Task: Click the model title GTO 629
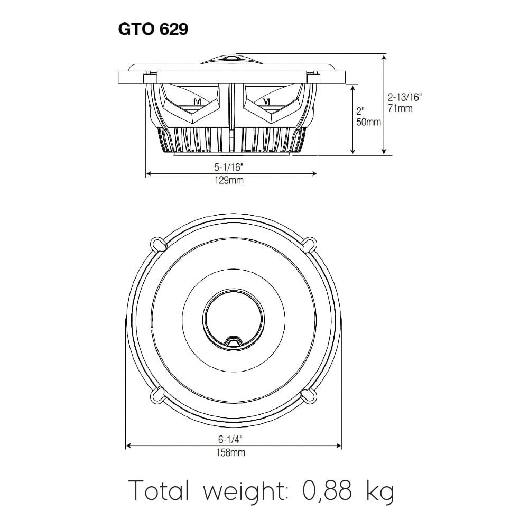pos(153,30)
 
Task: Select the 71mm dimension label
pos(400,108)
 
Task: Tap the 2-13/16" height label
pos(404,97)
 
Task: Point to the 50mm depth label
pos(368,122)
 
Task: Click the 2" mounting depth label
pos(361,112)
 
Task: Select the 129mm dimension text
pos(229,180)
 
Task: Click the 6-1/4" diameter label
pos(231,439)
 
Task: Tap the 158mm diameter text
pos(231,453)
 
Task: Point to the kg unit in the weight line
pos(379,492)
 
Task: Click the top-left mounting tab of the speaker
pos(157,244)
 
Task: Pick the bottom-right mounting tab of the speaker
pos(308,395)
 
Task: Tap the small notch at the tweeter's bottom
pos(234,341)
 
